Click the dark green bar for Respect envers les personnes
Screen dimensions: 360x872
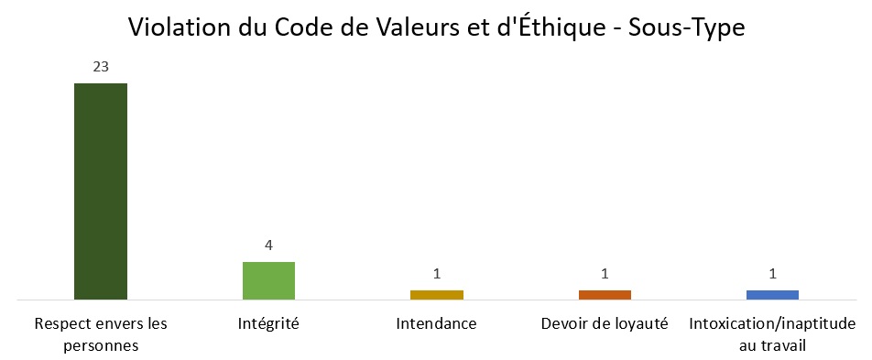[101, 191]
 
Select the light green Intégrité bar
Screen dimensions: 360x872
[268, 280]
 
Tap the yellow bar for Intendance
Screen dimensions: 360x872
[437, 294]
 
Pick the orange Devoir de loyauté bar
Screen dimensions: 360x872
[605, 294]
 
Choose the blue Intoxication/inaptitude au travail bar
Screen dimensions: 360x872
[772, 294]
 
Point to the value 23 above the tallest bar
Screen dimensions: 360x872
[101, 67]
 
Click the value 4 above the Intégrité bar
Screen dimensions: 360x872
[269, 245]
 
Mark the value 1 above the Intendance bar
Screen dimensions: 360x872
[437, 274]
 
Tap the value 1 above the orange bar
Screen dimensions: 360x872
[605, 274]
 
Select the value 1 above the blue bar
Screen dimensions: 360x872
[773, 274]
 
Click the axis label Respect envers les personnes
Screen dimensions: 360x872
[101, 334]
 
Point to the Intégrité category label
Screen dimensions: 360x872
[268, 324]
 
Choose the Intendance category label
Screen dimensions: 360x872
[437, 324]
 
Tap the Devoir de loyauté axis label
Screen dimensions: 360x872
[605, 324]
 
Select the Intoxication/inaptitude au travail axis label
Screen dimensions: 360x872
[772, 334]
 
